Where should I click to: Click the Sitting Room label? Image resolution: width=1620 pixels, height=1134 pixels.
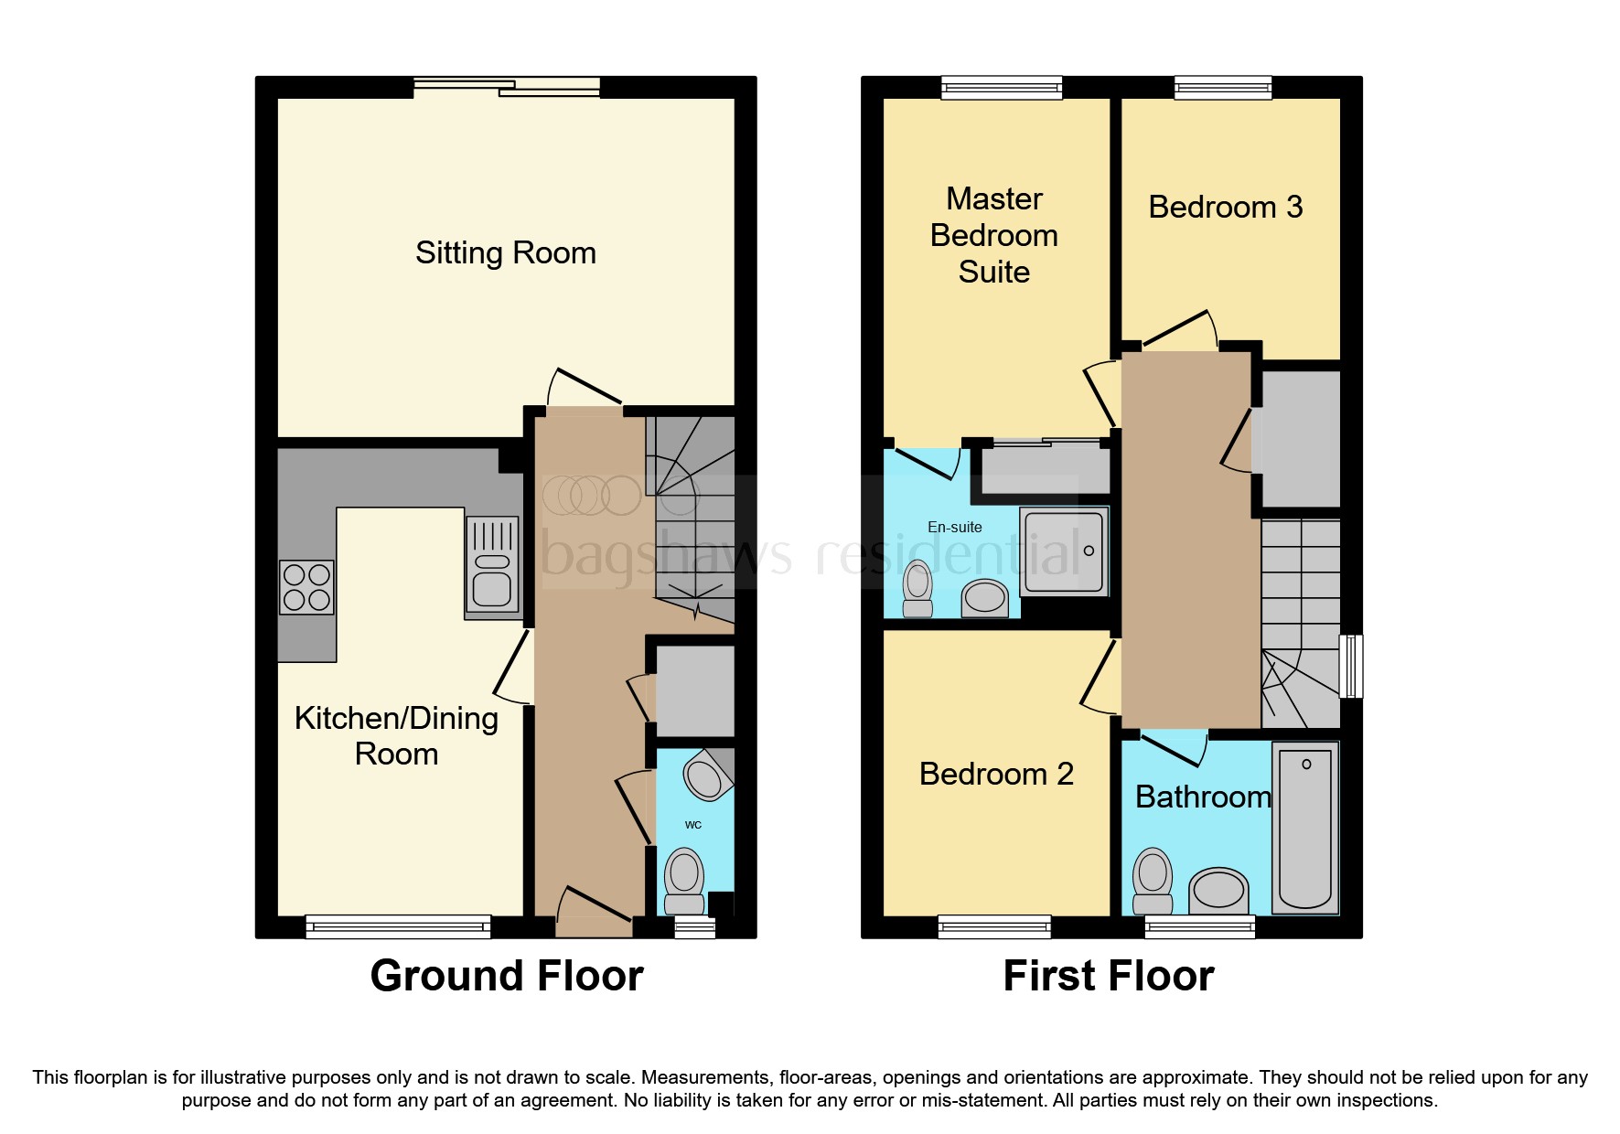click(x=505, y=252)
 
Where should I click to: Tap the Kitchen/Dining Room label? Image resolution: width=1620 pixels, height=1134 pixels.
click(x=396, y=735)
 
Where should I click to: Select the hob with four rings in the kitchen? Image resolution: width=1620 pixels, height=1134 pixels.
click(x=306, y=587)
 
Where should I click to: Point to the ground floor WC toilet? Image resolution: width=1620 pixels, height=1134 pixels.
click(x=684, y=879)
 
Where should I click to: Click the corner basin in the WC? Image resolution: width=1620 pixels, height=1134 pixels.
click(x=706, y=776)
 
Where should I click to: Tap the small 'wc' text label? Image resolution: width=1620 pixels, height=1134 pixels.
click(x=693, y=825)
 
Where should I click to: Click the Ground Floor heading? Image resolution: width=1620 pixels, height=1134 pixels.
click(x=506, y=976)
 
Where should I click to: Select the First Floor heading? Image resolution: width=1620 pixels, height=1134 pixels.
click(x=1108, y=976)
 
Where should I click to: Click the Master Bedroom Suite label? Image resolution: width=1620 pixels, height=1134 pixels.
click(x=993, y=235)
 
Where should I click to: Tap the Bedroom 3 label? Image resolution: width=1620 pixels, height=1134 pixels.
click(x=1225, y=207)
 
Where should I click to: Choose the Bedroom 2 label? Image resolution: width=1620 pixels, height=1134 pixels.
click(x=995, y=774)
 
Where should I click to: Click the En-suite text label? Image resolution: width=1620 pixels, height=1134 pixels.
click(x=954, y=527)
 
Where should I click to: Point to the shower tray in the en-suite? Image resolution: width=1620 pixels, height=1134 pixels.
click(x=1064, y=551)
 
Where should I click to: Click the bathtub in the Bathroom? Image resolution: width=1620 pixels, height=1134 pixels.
click(x=1305, y=828)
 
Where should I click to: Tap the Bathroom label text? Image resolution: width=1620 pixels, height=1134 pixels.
click(x=1202, y=797)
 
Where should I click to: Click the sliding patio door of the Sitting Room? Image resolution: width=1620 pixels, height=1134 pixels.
click(x=507, y=88)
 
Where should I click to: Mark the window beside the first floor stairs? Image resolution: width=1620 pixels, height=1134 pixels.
click(x=1351, y=667)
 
